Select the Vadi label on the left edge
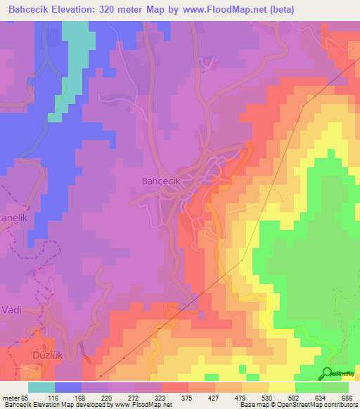(13, 309)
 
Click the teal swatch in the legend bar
(41, 387)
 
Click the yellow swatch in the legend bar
(282, 387)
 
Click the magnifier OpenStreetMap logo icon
(328, 373)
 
